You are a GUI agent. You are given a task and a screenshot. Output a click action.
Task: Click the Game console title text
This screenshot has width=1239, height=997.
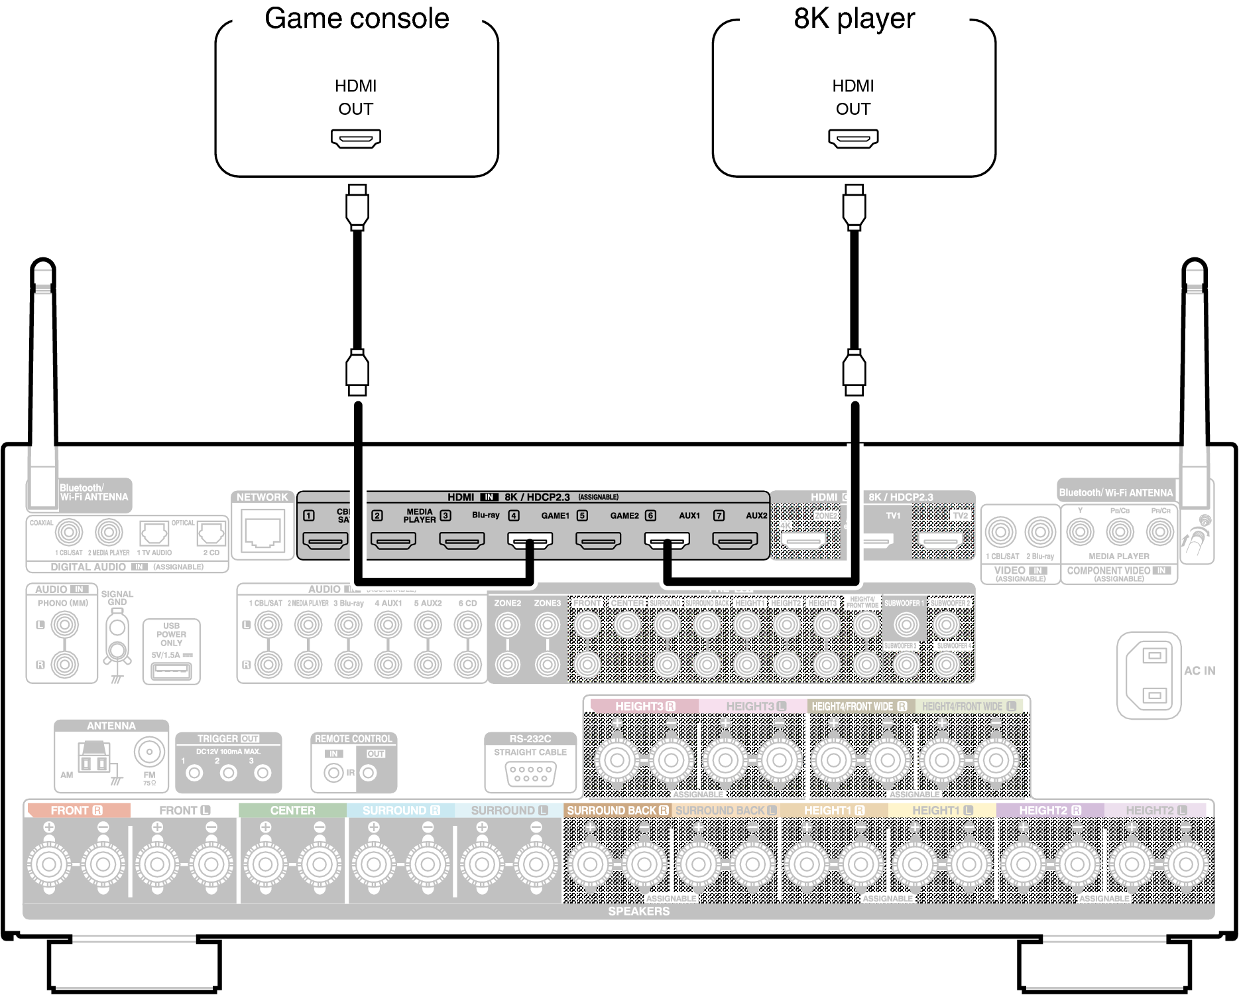click(357, 19)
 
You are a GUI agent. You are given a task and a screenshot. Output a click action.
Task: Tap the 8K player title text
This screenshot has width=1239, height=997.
click(854, 19)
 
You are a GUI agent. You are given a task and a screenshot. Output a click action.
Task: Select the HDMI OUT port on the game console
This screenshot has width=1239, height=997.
click(356, 139)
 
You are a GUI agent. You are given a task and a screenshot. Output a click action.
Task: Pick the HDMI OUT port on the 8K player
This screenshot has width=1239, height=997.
click(853, 139)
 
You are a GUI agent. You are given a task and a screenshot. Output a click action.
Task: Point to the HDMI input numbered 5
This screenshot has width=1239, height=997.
click(599, 541)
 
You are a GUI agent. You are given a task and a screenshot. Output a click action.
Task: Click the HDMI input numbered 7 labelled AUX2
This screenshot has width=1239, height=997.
click(735, 541)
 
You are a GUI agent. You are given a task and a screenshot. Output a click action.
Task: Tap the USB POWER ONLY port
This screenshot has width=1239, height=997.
click(171, 671)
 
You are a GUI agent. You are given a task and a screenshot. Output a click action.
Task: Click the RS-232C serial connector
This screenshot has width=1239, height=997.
click(530, 773)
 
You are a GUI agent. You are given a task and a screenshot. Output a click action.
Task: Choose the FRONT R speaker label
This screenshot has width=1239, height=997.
click(77, 811)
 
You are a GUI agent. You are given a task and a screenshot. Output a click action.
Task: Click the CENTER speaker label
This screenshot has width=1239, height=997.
click(292, 811)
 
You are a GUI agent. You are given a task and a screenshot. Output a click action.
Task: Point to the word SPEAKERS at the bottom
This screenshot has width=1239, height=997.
click(639, 911)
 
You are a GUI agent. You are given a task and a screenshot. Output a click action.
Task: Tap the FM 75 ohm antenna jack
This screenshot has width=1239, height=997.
click(149, 752)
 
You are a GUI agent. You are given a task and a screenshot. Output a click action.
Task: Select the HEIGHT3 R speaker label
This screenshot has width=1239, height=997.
click(644, 706)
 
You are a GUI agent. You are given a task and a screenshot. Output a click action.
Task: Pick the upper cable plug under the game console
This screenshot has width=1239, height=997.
click(357, 206)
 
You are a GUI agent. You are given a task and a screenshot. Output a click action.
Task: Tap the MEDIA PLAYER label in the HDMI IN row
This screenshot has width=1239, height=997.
click(420, 515)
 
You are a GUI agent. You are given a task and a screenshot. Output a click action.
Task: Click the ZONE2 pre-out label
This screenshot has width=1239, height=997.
click(507, 603)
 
